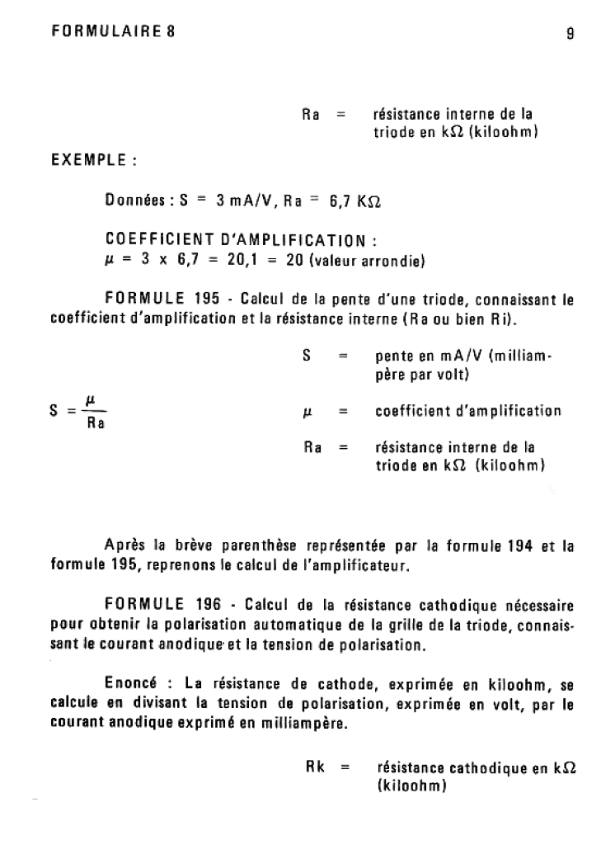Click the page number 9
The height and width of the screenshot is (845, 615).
(x=570, y=34)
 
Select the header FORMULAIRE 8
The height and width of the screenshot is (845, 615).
(x=113, y=32)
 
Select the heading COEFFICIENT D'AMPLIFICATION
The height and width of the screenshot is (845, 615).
(x=241, y=241)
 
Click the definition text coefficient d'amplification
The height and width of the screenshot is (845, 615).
(x=467, y=410)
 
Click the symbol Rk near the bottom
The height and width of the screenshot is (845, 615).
(x=315, y=767)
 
